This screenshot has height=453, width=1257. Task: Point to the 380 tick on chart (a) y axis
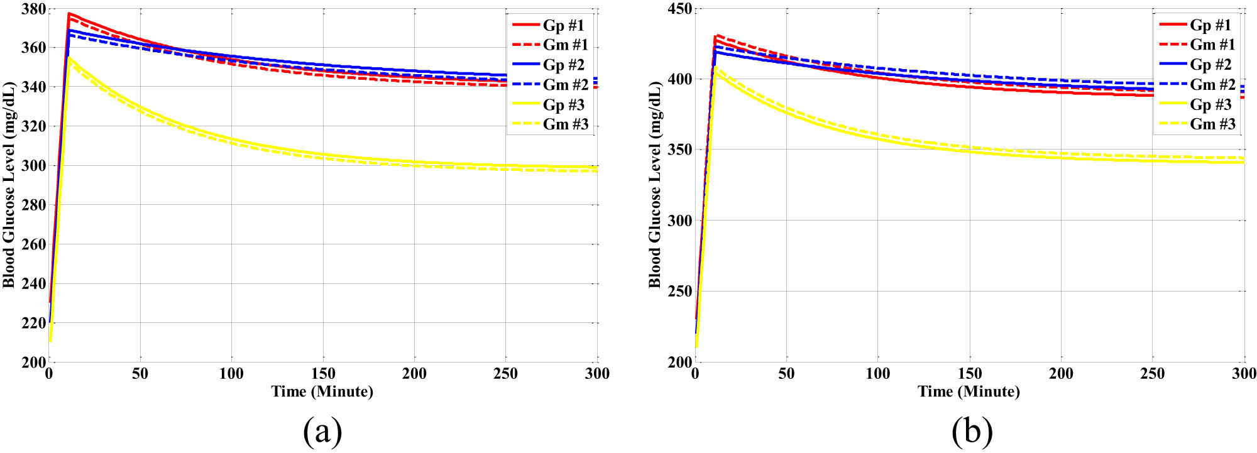click(33, 9)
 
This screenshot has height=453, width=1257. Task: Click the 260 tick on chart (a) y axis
click(33, 244)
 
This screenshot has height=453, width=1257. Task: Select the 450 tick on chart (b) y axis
click(679, 9)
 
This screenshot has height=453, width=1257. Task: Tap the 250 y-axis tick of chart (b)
click(679, 291)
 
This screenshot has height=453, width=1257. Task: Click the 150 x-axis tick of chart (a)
click(324, 374)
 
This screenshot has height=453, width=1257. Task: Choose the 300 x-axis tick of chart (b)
click(1244, 374)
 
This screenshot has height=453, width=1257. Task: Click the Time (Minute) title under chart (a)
click(322, 391)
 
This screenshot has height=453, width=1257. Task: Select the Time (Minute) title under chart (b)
click(969, 391)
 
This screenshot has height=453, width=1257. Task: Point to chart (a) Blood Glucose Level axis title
click(9, 185)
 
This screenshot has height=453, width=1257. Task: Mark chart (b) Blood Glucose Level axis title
click(655, 185)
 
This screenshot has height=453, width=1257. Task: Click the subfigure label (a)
click(322, 432)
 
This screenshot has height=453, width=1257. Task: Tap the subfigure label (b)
click(972, 432)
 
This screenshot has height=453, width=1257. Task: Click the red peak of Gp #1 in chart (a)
click(69, 13)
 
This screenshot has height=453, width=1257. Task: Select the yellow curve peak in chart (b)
click(715, 68)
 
